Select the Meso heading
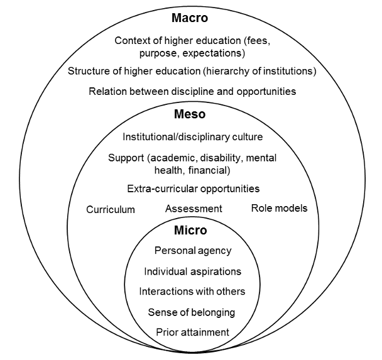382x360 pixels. point(191,115)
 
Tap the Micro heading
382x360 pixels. point(191,231)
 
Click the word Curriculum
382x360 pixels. point(111,209)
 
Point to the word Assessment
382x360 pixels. point(194,209)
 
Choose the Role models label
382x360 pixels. point(279,208)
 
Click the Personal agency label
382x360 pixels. point(193,251)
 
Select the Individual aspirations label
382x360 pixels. point(192,271)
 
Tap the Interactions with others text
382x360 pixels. point(192,292)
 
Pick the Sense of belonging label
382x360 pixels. point(192,312)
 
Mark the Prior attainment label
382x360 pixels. point(192,332)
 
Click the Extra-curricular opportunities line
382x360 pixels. point(193,188)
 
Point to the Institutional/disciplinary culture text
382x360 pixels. point(192,136)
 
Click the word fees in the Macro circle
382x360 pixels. point(255,41)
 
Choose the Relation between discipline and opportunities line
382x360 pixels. point(192,91)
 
